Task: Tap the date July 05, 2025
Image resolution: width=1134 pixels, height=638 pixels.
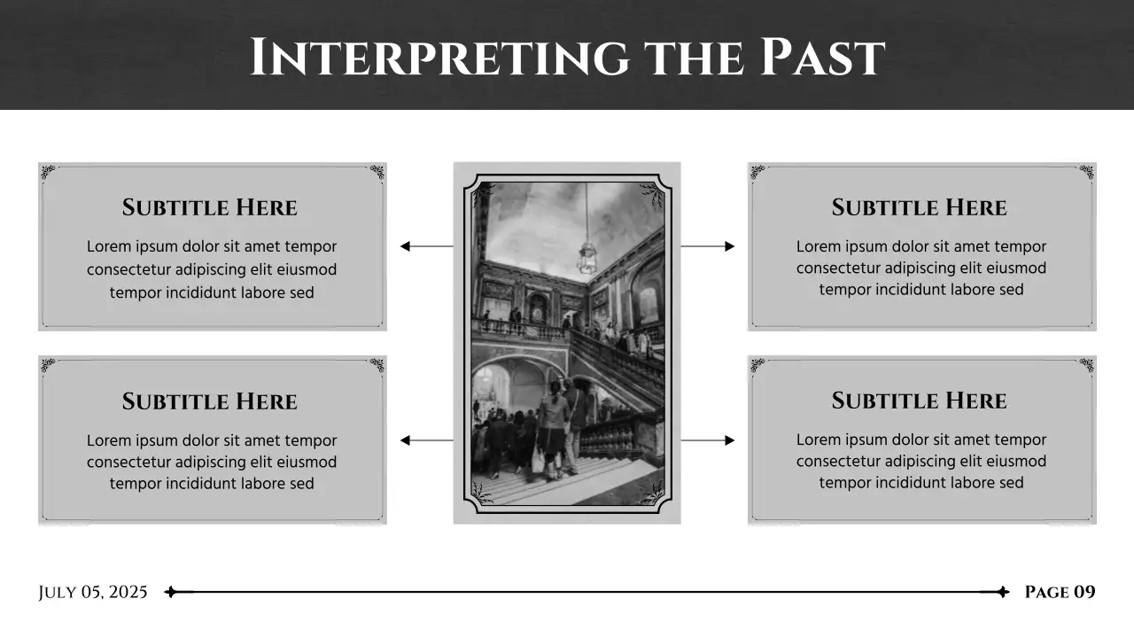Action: [x=93, y=592]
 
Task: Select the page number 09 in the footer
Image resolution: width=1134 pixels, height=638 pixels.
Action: [x=1084, y=592]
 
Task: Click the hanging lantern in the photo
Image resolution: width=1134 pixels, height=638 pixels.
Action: [x=586, y=258]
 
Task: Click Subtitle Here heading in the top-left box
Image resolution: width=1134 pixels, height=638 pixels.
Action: [x=210, y=208]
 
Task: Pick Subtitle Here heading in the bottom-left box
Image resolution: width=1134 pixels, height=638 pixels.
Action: [x=210, y=402]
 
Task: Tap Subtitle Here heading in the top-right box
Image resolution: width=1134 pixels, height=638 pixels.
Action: [x=920, y=208]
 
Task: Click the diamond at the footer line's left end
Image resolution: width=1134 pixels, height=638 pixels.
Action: [x=171, y=592]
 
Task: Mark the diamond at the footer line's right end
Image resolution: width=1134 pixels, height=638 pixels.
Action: [x=1002, y=592]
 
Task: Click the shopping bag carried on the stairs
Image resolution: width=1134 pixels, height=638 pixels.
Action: [x=538, y=459]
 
